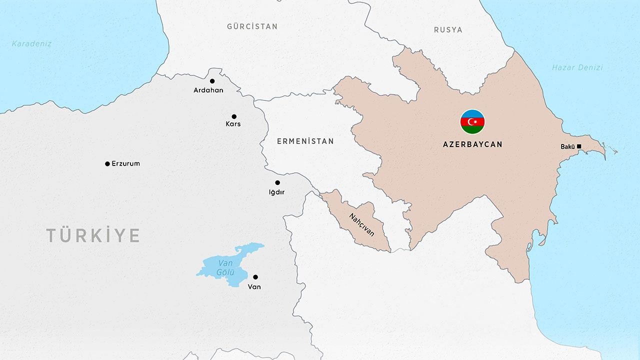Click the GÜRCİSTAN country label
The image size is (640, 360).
(x=252, y=26)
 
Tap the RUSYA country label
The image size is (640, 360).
(x=448, y=30)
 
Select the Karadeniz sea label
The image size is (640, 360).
(x=31, y=43)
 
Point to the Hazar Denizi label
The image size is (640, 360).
(x=577, y=67)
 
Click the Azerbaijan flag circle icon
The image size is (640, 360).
(x=472, y=122)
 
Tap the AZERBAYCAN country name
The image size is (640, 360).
(x=472, y=144)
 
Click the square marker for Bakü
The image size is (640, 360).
(x=579, y=146)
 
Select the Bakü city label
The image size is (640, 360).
(x=567, y=146)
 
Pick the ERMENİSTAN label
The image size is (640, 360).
(x=305, y=141)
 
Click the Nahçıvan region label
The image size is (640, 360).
(x=361, y=225)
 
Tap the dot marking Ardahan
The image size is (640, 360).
(x=212, y=81)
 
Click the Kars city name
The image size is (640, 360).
(x=233, y=124)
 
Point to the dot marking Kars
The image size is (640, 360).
(x=234, y=116)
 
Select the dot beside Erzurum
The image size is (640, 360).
(x=107, y=164)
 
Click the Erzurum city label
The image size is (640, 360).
(x=125, y=163)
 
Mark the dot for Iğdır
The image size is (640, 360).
(x=277, y=182)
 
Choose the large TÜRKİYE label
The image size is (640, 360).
(x=93, y=235)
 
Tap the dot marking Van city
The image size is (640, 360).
(x=255, y=277)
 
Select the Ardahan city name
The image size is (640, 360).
(x=208, y=90)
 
